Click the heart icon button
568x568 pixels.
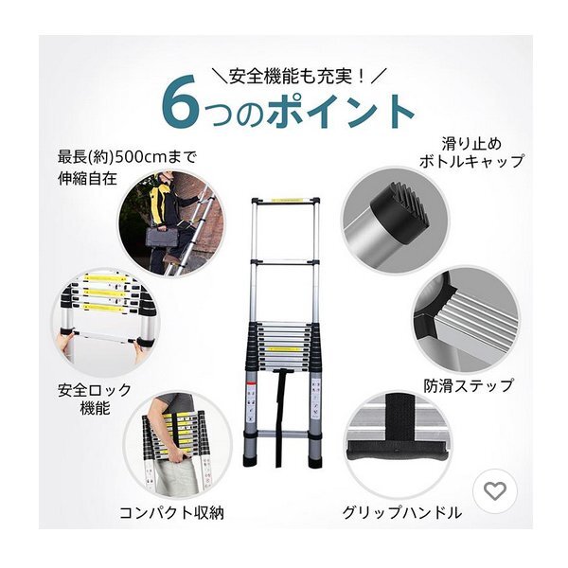pyautogui.click(x=495, y=491)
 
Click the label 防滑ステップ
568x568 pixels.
pyautogui.click(x=469, y=385)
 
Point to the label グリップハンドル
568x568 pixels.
pyautogui.click(x=402, y=513)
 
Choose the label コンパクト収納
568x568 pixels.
pyautogui.click(x=171, y=513)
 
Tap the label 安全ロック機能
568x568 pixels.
pyautogui.click(x=95, y=399)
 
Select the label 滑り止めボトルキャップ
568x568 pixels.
pyautogui.click(x=471, y=152)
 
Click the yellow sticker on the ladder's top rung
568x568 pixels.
pyautogui.click(x=289, y=201)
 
